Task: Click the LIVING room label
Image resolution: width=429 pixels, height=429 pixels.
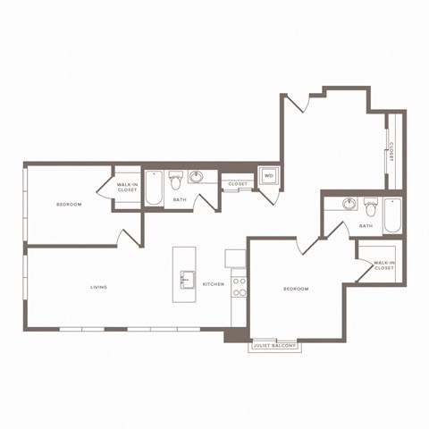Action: [x=98, y=287]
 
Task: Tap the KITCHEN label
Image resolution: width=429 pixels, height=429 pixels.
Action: [x=214, y=284]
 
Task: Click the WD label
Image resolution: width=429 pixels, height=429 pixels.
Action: [x=268, y=176]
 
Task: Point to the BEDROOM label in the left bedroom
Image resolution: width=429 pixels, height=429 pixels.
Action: [x=69, y=205]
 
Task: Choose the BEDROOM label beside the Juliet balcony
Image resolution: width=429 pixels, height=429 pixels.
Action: [x=296, y=289]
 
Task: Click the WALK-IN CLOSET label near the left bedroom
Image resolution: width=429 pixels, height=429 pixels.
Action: [x=126, y=188]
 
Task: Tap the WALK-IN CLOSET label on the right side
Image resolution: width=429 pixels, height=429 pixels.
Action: [x=384, y=265]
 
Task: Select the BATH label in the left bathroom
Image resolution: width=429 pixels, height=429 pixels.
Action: [x=180, y=200]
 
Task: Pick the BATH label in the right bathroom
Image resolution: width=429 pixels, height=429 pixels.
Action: [x=366, y=226]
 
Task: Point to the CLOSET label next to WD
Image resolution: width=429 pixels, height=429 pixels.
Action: [x=237, y=184]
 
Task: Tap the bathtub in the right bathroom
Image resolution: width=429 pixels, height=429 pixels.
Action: [x=392, y=215]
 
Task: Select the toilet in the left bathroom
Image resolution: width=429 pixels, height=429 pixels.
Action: [x=176, y=178]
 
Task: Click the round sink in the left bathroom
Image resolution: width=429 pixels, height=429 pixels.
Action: [x=198, y=176]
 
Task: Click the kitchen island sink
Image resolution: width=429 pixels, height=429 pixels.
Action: [x=186, y=280]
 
